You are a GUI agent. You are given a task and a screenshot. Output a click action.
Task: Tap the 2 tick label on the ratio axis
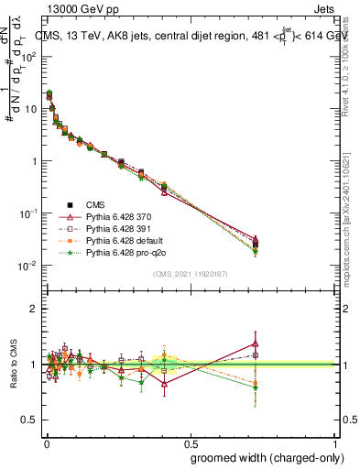[x=32, y=309]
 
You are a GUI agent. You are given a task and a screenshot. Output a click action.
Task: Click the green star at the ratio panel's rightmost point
[x=256, y=387]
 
